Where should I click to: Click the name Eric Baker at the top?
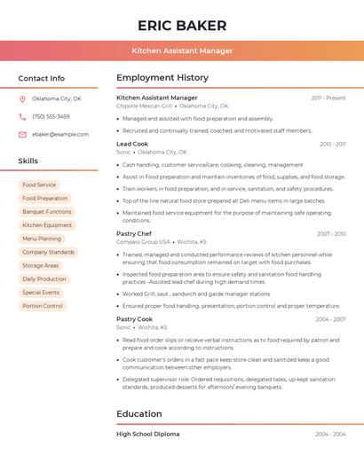click(x=182, y=26)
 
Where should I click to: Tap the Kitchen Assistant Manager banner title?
click(x=182, y=51)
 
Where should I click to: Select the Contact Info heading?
click(x=41, y=78)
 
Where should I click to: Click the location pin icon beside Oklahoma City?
click(x=23, y=99)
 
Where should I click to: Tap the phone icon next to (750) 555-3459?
click(x=23, y=117)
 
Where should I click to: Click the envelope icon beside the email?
click(x=23, y=135)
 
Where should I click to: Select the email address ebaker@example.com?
click(x=60, y=135)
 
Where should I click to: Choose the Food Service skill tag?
click(x=39, y=185)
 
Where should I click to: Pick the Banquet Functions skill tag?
click(x=47, y=212)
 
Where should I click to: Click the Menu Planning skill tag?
click(x=42, y=239)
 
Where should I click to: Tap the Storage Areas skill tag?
click(x=41, y=266)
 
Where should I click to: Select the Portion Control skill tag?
click(x=43, y=306)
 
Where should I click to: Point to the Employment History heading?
click(x=162, y=78)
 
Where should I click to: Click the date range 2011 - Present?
click(x=328, y=98)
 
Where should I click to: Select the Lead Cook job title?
click(x=132, y=144)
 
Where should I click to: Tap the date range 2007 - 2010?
click(x=330, y=234)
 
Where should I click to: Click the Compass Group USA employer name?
click(x=143, y=242)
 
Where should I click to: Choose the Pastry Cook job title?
click(x=134, y=319)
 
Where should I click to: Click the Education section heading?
click(x=139, y=414)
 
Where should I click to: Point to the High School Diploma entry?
click(x=147, y=435)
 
